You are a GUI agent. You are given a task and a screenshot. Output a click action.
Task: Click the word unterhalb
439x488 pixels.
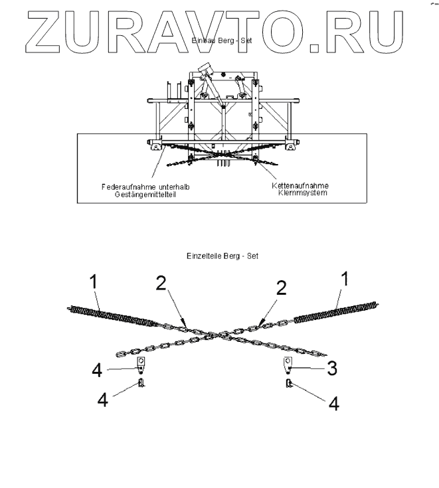(172, 187)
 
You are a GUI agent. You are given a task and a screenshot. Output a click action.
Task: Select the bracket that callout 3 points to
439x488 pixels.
(288, 364)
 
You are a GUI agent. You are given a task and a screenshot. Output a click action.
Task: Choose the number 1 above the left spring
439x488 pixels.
(94, 282)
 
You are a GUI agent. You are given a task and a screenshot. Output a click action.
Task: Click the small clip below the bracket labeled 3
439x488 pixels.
(289, 383)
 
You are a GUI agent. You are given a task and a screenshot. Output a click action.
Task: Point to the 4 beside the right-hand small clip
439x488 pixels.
(334, 402)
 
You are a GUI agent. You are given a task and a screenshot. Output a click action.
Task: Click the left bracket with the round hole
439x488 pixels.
(141, 364)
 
